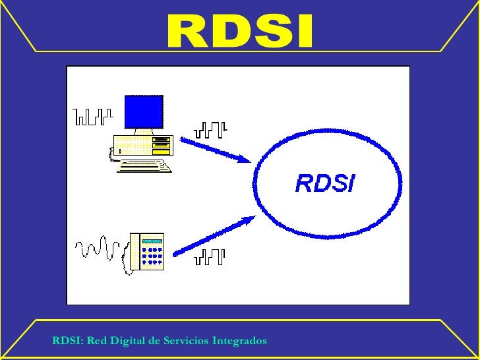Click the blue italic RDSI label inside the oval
pyautogui.click(x=324, y=183)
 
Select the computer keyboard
pyautogui.click(x=144, y=164)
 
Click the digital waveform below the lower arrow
pyautogui.click(x=210, y=257)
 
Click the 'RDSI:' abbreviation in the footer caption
pyautogui.click(x=67, y=341)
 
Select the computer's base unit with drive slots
pyautogui.click(x=143, y=144)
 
